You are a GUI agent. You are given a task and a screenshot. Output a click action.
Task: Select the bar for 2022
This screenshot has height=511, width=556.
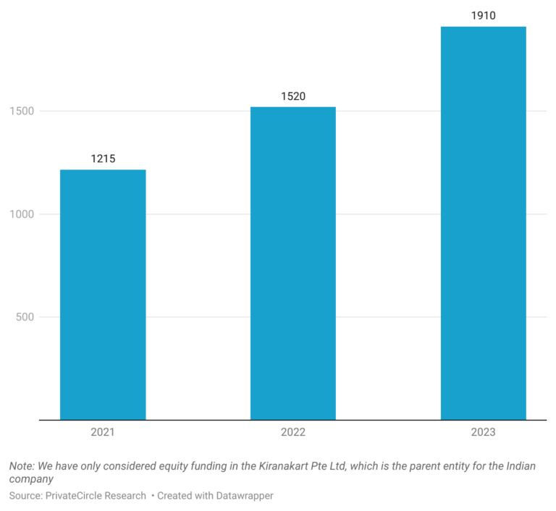tap(293, 263)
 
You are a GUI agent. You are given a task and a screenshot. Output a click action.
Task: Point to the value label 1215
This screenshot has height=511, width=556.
tap(103, 159)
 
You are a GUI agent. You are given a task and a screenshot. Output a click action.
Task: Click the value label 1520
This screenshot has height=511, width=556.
tap(293, 96)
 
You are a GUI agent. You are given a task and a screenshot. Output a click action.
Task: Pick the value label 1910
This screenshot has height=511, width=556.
tap(484, 15)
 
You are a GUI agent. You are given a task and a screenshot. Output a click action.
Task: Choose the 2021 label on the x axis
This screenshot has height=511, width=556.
tap(103, 432)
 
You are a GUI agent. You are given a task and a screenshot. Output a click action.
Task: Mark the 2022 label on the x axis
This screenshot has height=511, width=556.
tap(293, 432)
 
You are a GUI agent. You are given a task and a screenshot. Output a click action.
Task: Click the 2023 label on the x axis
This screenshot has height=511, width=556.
tap(484, 432)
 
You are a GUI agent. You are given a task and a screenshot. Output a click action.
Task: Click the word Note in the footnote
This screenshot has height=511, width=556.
tap(22, 466)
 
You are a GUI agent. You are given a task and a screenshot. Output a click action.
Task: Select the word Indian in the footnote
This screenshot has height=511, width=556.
tap(520, 466)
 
